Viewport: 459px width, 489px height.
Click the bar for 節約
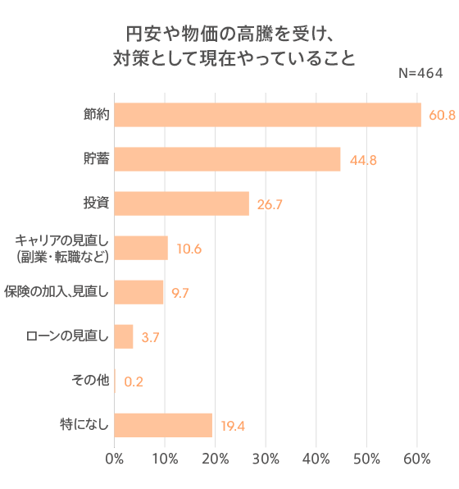coord(267,115)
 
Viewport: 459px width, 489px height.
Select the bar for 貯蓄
coord(227,159)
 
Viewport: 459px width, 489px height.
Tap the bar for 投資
coord(181,203)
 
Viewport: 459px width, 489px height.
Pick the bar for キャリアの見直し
coord(141,248)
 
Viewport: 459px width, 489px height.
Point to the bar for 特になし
coord(163,425)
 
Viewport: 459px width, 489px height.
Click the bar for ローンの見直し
coord(124,336)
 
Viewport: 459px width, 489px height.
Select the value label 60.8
coord(441,116)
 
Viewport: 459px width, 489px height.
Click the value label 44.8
coord(362,160)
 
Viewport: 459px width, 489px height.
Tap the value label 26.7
coord(270,204)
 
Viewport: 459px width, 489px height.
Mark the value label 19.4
coord(234,426)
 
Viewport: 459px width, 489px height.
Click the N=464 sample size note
coord(420,74)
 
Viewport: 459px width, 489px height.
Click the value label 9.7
coord(180,293)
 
